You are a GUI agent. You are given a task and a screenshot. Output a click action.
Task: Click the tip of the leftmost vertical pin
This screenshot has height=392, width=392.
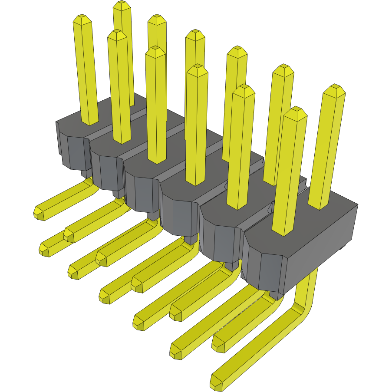pos(81,20)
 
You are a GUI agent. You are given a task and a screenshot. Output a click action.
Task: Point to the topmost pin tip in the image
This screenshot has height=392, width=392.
pos(122,5)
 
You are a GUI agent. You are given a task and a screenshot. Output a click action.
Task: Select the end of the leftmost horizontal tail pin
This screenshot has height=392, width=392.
pos(40,212)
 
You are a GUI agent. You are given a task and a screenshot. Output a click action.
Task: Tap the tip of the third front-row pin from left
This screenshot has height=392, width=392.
pos(155,51)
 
